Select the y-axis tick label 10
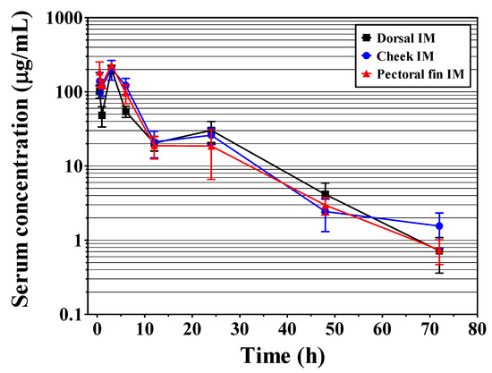(x=75, y=166)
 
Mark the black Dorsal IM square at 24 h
(x=211, y=131)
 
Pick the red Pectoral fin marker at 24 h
(x=211, y=145)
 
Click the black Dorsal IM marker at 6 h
(x=125, y=111)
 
